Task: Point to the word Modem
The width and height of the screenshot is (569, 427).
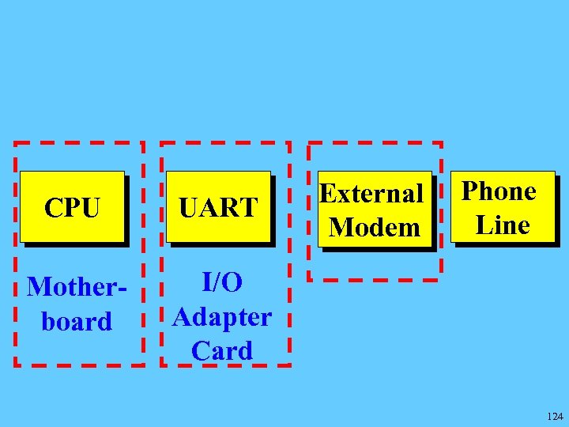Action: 375,228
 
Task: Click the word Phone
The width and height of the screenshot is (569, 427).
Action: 499,191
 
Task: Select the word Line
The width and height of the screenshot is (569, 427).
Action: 503,225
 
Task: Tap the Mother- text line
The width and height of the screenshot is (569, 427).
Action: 77,286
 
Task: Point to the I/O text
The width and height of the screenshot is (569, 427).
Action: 222,282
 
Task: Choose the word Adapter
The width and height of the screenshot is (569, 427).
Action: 222,316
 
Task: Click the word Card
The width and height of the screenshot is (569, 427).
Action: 222,350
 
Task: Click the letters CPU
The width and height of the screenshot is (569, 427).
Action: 72,208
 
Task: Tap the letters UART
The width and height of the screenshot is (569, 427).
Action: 218,208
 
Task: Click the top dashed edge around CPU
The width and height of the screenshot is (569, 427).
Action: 79,143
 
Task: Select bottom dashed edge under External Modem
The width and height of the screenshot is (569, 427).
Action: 375,279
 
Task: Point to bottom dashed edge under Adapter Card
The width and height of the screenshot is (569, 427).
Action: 225,365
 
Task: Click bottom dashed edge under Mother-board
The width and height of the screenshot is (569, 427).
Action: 79,365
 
